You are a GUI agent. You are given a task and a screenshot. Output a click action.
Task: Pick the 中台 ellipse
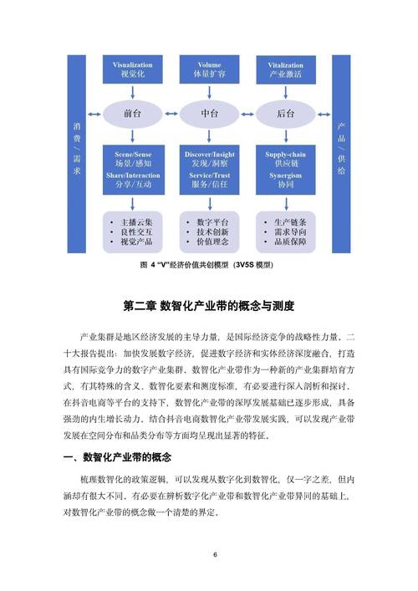209,113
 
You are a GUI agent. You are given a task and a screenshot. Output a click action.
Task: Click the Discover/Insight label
209,156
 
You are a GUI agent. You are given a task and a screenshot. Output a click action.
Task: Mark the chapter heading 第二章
208,307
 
